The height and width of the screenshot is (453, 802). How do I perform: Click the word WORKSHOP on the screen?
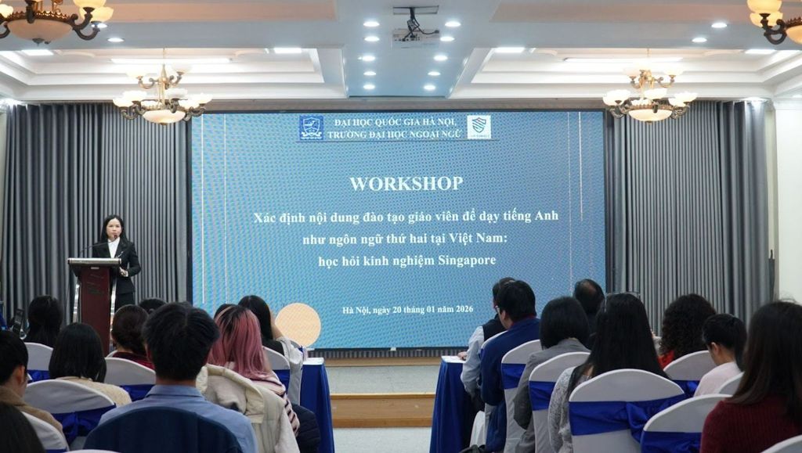406,183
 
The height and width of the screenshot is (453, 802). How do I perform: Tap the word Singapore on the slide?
467,261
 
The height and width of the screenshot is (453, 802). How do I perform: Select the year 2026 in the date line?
464,309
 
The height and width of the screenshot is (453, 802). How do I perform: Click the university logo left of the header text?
311,128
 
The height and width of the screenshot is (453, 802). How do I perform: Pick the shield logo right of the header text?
479,128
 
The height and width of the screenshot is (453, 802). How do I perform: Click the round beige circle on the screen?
298,325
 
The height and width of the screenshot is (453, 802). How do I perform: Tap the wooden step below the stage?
382,410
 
